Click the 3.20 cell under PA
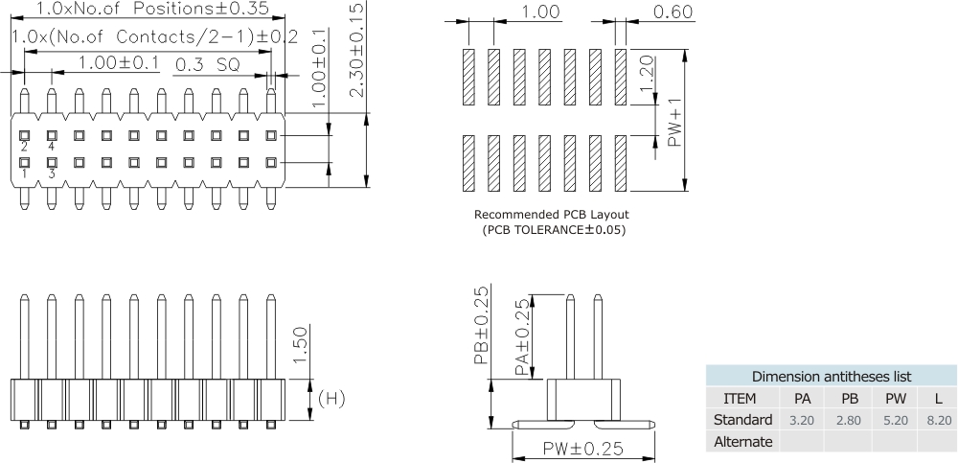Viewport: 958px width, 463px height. click(801, 420)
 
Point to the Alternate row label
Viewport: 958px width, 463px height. click(743, 442)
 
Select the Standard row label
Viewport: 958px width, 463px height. click(743, 420)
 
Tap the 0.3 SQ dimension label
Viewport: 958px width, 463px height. click(211, 66)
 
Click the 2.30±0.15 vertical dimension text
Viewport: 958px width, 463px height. click(355, 48)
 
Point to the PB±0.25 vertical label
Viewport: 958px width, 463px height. click(483, 326)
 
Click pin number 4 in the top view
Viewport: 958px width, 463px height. click(52, 147)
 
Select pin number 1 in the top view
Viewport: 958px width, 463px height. click(24, 174)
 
